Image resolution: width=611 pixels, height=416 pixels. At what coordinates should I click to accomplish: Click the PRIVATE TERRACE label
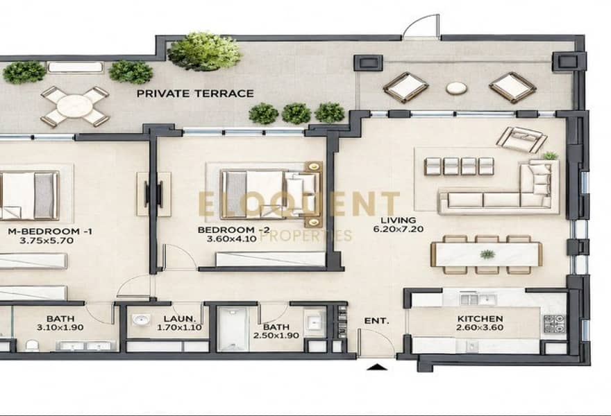(195, 94)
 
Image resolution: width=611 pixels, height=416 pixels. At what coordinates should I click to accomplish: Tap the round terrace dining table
(75, 106)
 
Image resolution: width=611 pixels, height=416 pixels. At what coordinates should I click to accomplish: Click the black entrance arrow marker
(377, 367)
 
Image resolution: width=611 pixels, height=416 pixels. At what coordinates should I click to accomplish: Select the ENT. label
(376, 321)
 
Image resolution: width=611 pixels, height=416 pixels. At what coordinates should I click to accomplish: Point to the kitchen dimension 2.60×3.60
(480, 328)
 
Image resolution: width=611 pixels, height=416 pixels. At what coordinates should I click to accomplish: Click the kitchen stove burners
(554, 324)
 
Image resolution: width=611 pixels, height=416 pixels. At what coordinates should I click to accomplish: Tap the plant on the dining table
(487, 254)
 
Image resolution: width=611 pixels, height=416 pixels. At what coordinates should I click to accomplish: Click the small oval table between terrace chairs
(456, 88)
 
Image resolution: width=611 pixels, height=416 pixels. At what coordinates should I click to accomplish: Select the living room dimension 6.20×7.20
(399, 229)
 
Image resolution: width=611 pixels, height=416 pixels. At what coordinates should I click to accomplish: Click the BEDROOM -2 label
(233, 230)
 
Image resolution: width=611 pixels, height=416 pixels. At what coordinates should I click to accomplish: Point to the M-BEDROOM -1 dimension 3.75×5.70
(47, 241)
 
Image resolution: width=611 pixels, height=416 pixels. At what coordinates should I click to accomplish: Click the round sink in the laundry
(141, 320)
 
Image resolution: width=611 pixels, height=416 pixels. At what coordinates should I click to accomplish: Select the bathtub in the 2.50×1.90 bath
(233, 329)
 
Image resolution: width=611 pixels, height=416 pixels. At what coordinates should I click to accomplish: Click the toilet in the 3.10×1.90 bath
(32, 345)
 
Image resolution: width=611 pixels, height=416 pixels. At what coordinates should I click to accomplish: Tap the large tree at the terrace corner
(205, 52)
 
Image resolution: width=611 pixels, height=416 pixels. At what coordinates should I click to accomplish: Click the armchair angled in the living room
(521, 139)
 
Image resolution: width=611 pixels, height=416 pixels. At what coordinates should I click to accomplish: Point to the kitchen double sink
(478, 300)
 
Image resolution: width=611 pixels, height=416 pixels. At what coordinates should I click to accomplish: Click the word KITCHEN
(480, 319)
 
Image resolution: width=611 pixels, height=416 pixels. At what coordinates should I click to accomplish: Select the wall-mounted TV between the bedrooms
(148, 193)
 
